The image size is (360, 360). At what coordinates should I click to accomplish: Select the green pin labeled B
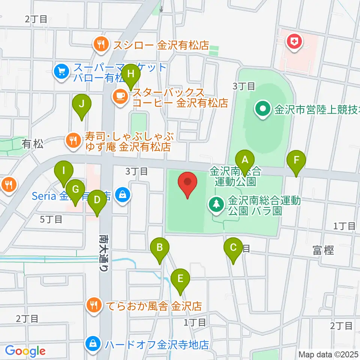(160, 249)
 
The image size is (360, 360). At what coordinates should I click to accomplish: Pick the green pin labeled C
(233, 249)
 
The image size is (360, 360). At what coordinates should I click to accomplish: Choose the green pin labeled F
(296, 162)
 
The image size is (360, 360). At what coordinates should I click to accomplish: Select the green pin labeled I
(64, 172)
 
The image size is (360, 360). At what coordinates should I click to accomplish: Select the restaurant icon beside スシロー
(100, 45)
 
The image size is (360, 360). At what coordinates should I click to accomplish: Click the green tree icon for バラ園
(216, 204)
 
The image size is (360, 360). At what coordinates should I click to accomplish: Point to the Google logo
(25, 351)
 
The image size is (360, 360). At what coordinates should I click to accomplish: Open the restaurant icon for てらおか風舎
(94, 305)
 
